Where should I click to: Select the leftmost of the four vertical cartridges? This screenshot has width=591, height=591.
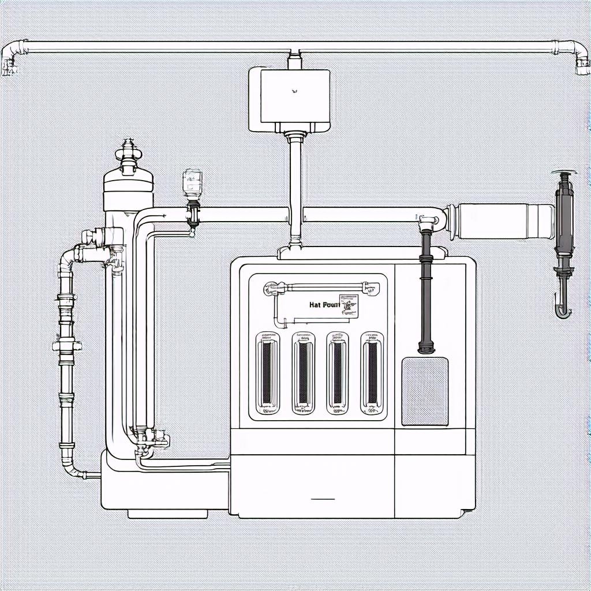tap(267, 373)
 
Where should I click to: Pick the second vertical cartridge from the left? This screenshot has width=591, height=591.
tap(302, 373)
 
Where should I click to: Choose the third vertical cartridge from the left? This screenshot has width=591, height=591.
tap(338, 373)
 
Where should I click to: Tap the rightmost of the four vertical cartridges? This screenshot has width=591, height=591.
tap(372, 373)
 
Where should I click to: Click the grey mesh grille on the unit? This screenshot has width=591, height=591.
tap(424, 391)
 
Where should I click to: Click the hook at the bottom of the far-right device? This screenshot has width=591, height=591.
tap(562, 306)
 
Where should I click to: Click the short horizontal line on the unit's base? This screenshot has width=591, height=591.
tap(323, 498)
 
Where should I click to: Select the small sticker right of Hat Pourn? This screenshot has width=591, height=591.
tap(349, 304)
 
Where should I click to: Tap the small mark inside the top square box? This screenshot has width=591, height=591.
tap(294, 90)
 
